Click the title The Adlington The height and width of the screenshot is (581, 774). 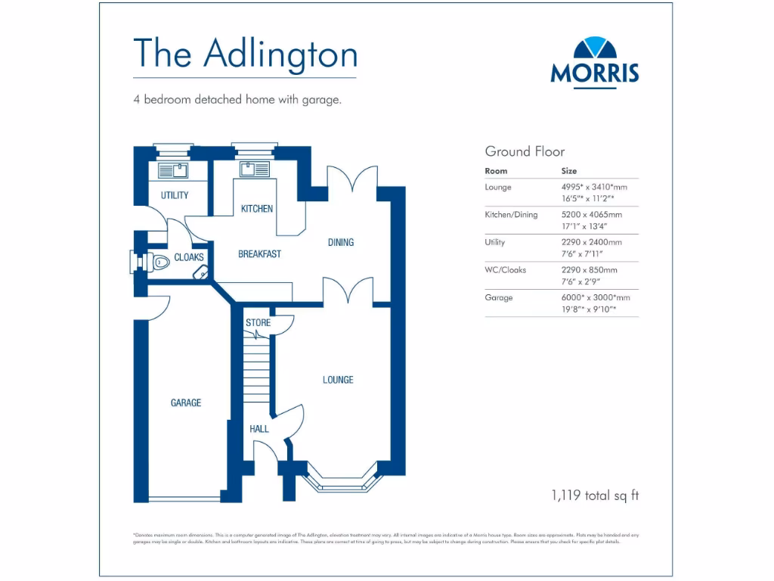pyautogui.click(x=245, y=54)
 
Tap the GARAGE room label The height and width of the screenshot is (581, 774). pyautogui.click(x=186, y=403)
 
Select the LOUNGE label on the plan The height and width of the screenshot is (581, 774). pyautogui.click(x=338, y=380)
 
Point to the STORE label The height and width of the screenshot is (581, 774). pyautogui.click(x=258, y=323)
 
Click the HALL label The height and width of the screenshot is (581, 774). pyautogui.click(x=259, y=429)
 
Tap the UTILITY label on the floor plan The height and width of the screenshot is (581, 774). pyautogui.click(x=175, y=195)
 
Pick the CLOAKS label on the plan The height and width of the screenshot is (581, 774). pyautogui.click(x=189, y=258)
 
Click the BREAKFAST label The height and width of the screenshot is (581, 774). pyautogui.click(x=259, y=254)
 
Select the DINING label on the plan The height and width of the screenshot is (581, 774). pyautogui.click(x=341, y=243)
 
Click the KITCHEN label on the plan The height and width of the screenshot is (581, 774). pyautogui.click(x=257, y=209)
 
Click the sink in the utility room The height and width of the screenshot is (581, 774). pyautogui.click(x=173, y=169)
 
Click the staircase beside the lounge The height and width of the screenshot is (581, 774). pyautogui.click(x=256, y=371)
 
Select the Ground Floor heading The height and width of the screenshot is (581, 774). pyautogui.click(x=525, y=151)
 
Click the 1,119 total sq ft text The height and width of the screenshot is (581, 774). pyautogui.click(x=595, y=496)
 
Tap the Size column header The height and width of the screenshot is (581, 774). pyautogui.click(x=568, y=171)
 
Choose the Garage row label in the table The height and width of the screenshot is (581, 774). pyautogui.click(x=499, y=298)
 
